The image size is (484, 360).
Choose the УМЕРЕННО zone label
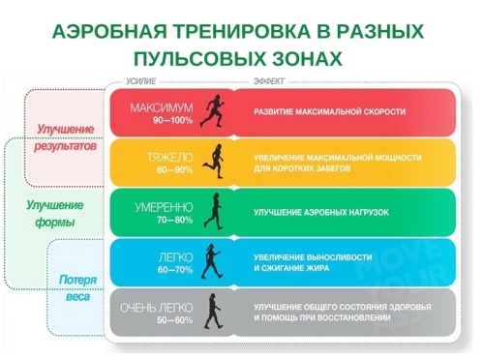(162, 206)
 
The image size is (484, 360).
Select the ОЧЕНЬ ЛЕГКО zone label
(160, 308)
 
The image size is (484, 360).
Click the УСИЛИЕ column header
(141, 83)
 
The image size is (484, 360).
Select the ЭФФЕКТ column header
(268, 83)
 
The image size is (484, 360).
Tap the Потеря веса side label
(76, 288)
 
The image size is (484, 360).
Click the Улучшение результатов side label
(66, 138)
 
